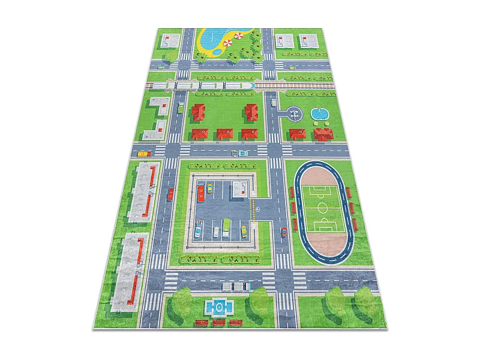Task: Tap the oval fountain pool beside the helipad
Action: (x=317, y=113)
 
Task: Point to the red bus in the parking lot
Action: (x=202, y=193)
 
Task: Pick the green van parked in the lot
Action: (x=226, y=229)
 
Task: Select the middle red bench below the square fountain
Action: (x=219, y=323)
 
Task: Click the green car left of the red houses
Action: (x=181, y=109)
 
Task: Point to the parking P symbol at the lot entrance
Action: (x=257, y=209)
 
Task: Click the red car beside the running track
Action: (x=284, y=232)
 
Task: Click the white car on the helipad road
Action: (x=274, y=103)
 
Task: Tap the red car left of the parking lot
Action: (x=171, y=193)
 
